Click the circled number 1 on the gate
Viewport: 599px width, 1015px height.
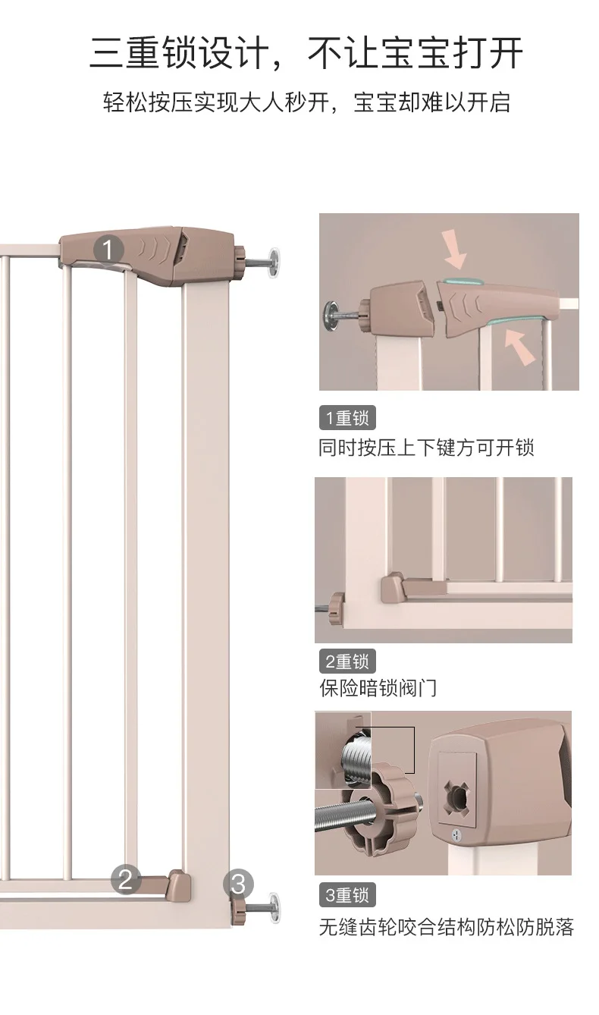(108, 249)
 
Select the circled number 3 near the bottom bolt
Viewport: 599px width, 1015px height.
(238, 884)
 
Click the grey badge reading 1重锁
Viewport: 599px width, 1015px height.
(347, 418)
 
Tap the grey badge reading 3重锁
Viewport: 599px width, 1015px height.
(347, 895)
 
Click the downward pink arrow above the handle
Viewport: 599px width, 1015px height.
(456, 248)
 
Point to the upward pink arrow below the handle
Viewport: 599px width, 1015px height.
(521, 346)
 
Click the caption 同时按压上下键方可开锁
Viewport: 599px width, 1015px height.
(426, 448)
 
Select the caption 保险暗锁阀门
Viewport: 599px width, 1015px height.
(378, 688)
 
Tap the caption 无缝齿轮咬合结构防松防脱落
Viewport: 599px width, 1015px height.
(447, 927)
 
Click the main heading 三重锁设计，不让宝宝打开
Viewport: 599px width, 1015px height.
(306, 53)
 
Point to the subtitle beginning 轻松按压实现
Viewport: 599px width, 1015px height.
(306, 102)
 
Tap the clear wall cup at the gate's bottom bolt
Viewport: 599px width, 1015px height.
(274, 907)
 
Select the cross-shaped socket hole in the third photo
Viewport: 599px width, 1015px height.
(457, 796)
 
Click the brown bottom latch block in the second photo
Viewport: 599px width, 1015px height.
(393, 587)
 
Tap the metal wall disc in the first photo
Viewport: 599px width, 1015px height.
(331, 316)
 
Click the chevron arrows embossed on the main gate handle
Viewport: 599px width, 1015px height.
(153, 248)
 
